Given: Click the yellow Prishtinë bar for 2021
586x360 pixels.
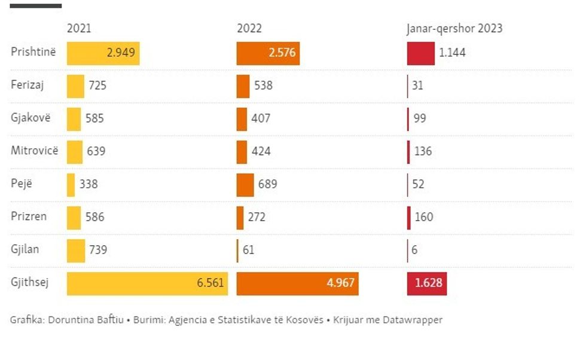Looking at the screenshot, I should point(103,53).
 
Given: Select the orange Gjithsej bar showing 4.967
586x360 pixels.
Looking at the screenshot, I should point(297,283).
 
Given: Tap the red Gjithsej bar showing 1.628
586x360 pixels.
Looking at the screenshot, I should point(426,283).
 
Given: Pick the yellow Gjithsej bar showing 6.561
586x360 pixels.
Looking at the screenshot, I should point(147,283).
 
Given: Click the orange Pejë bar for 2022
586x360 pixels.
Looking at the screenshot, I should point(245,185).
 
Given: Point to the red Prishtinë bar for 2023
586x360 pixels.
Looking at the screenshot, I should point(420,53).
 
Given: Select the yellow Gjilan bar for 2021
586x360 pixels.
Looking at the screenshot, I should point(76,251).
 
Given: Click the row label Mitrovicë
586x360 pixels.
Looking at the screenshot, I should point(35,151).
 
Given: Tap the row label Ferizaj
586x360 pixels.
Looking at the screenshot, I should point(28,85).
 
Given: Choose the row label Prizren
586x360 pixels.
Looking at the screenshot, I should point(29,216).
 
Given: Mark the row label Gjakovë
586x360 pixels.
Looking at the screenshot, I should point(30,118).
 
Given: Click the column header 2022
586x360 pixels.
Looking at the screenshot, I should point(249,29).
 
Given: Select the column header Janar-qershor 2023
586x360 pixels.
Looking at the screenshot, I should point(454,29).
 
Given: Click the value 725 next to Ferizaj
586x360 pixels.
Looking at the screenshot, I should point(97,86).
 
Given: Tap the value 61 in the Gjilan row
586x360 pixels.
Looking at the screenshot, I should point(248,250).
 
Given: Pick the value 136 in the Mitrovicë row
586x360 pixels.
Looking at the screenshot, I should point(423,151).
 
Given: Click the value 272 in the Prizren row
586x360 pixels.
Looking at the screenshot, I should point(256,217).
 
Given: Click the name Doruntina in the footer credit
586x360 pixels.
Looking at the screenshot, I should point(68,320).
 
